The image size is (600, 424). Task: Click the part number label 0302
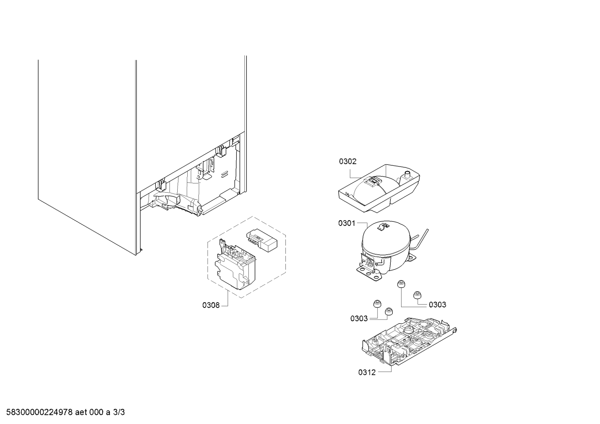click(x=348, y=161)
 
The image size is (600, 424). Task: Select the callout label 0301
click(x=347, y=223)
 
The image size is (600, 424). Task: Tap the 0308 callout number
click(x=211, y=305)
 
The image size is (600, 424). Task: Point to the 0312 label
click(x=367, y=372)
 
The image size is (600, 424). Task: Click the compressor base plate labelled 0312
click(x=409, y=342)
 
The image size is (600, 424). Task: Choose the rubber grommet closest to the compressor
click(x=401, y=284)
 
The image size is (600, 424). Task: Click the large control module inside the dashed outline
click(x=236, y=264)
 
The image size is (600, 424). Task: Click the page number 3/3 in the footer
click(x=119, y=412)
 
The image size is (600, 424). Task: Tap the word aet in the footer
click(x=81, y=412)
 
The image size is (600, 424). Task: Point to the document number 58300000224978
click(x=40, y=412)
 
